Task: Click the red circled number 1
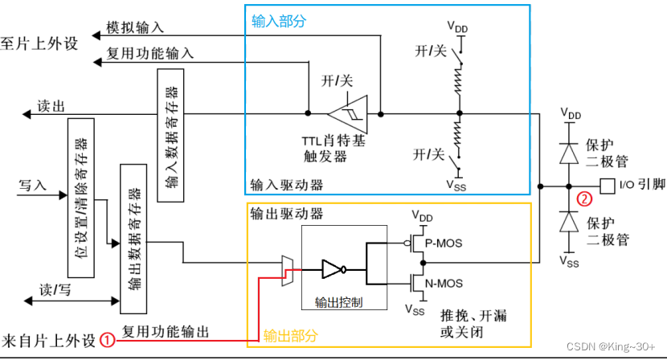pos(107,339)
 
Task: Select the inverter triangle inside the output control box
pos(331,268)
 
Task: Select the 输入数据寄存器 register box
pos(172,136)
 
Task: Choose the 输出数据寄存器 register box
pos(134,238)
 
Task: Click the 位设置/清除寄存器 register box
pos(81,198)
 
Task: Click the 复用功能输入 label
pos(150,54)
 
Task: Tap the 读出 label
pos(51,106)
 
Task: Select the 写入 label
pos(32,185)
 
